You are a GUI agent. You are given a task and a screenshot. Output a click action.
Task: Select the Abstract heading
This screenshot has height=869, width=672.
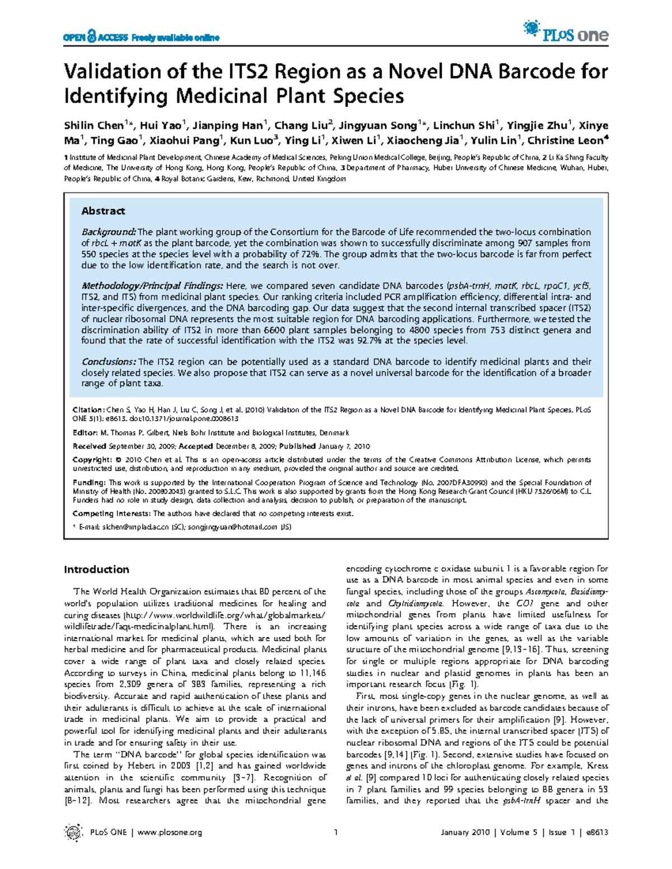click(103, 211)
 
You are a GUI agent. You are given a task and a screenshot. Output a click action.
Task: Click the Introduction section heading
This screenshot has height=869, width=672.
click(96, 570)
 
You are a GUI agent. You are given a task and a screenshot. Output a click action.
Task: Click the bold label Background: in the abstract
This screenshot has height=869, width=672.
click(109, 232)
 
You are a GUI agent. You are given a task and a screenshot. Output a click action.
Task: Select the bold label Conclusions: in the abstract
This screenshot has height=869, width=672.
click(109, 362)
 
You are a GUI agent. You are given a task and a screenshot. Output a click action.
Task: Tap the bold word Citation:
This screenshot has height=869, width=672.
click(88, 410)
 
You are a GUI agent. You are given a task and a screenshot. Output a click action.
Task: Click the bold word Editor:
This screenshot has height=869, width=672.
click(86, 433)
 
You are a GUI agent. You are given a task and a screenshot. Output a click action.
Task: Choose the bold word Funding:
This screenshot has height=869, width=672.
click(89, 482)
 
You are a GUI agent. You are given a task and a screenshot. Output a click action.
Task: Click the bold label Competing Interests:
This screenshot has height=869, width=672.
click(111, 514)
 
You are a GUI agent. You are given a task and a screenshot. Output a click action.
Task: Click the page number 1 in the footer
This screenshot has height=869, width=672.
click(336, 833)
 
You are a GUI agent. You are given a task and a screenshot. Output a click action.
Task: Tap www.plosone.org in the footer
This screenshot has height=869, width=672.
click(170, 833)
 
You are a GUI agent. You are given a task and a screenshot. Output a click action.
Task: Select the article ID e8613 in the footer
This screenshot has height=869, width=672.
click(597, 833)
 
